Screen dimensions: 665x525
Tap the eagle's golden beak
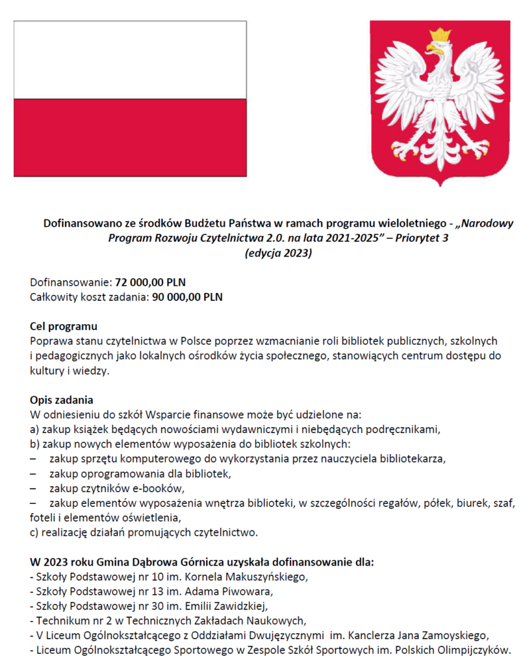pyautogui.click(x=431, y=47)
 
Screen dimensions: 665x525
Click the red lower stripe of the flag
pyautogui.click(x=130, y=137)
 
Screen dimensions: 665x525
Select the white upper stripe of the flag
pyautogui.click(x=130, y=60)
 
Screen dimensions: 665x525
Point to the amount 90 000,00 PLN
pyautogui.click(x=187, y=298)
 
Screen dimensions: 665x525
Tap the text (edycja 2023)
pyautogui.click(x=277, y=253)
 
